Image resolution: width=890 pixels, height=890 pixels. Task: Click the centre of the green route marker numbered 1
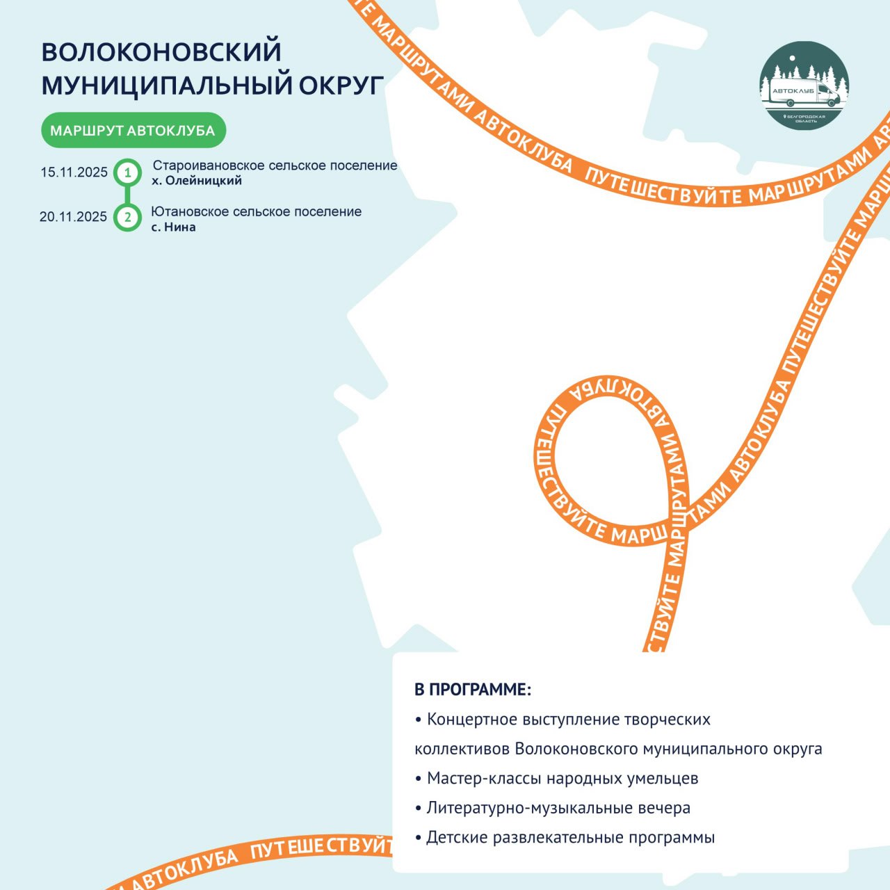128,172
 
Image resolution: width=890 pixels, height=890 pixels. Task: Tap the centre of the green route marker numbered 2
128,217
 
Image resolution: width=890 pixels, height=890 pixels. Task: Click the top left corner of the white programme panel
393,653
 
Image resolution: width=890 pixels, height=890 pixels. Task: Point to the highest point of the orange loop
607,375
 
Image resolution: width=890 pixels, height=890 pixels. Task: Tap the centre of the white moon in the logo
793,58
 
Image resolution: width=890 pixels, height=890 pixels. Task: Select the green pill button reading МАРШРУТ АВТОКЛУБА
133,130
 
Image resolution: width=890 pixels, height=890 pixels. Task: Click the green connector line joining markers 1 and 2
128,195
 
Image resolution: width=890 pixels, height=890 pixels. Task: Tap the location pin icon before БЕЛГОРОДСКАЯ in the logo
785,117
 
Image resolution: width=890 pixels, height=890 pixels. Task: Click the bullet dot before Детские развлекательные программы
419,838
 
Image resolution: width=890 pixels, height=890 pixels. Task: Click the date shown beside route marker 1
74,172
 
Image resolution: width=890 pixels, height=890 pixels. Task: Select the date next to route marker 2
73,217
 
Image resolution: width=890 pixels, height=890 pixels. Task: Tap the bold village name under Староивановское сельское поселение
197,181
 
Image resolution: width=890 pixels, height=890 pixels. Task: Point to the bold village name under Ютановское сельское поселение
174,227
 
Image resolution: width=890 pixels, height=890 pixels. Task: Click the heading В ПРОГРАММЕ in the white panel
473,690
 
